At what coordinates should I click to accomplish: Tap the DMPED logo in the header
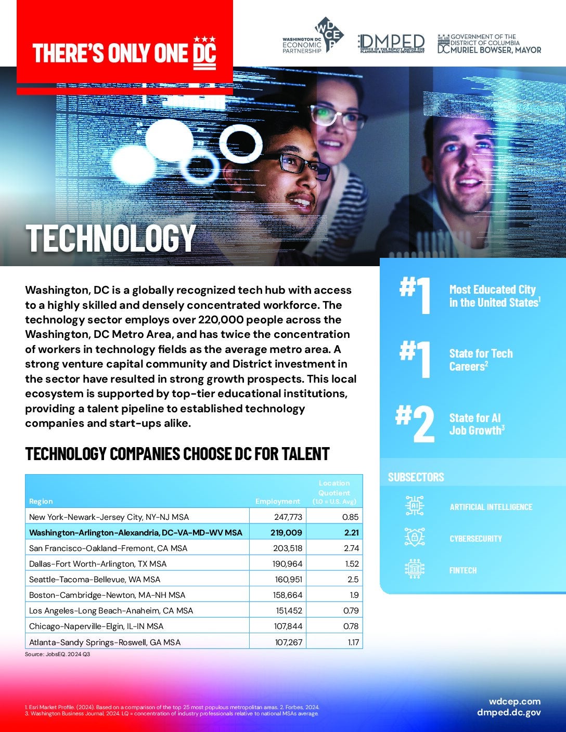click(391, 44)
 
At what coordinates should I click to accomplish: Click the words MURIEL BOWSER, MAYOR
click(496, 50)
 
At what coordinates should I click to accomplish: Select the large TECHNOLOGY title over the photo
click(111, 239)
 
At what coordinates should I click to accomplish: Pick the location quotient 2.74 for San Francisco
click(351, 548)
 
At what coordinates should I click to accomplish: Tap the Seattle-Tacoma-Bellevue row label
click(95, 579)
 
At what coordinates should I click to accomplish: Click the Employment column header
click(278, 501)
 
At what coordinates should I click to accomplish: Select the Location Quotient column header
click(334, 492)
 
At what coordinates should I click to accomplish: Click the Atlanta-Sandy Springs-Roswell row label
click(105, 642)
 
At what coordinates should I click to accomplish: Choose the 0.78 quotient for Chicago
click(351, 626)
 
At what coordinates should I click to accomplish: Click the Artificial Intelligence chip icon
click(415, 505)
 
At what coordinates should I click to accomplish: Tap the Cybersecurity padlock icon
click(415, 537)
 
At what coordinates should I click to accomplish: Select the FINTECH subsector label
click(463, 570)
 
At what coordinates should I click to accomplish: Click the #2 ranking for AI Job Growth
click(415, 424)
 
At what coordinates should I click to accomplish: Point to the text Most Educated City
click(492, 290)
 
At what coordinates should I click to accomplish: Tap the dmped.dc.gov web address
click(508, 712)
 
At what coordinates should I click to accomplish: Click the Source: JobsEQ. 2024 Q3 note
click(57, 654)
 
